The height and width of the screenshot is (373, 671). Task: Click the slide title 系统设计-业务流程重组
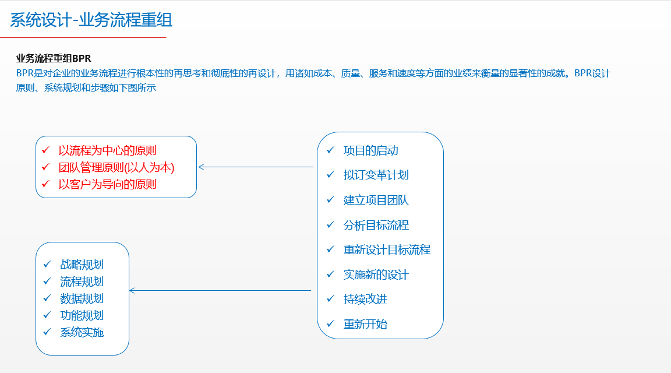click(91, 20)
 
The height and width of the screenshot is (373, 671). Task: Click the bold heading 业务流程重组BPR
click(54, 59)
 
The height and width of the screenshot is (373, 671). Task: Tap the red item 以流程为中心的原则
click(107, 150)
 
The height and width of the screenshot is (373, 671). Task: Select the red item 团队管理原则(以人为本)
click(116, 167)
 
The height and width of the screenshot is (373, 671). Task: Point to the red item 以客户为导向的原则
click(107, 185)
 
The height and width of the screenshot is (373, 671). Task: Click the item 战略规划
click(82, 265)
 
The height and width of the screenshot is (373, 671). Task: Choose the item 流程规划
click(82, 281)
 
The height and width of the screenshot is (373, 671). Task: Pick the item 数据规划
click(82, 298)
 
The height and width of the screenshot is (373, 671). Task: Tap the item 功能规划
click(82, 315)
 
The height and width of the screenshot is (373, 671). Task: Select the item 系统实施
click(82, 332)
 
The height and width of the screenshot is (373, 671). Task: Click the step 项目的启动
click(370, 150)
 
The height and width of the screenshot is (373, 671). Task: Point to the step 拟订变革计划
click(376, 175)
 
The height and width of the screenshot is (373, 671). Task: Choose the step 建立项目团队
click(376, 200)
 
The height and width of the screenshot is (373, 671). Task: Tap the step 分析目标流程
click(376, 225)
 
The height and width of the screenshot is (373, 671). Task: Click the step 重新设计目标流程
click(387, 249)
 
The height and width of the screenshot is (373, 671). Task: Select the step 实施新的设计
click(376, 275)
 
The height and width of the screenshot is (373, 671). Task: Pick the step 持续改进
click(365, 299)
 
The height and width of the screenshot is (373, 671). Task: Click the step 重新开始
click(365, 324)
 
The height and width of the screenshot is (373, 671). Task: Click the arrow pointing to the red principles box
click(256, 167)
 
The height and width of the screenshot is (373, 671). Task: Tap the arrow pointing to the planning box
click(220, 290)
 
